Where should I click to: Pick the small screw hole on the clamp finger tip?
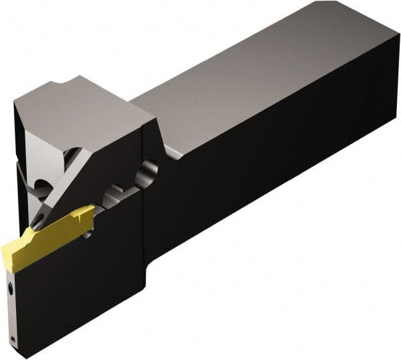pyautogui.click(x=39, y=218)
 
